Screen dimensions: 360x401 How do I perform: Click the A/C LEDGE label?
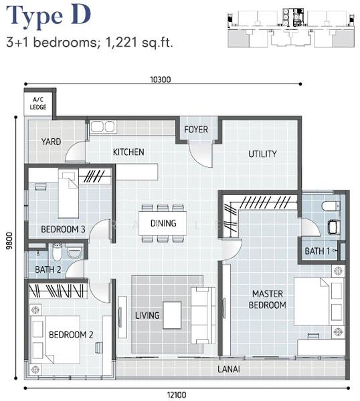[x=38, y=104]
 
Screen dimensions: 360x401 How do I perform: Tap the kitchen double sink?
[x=103, y=126]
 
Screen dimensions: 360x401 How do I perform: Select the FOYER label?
[x=196, y=130]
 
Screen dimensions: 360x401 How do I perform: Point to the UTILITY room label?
[x=262, y=154]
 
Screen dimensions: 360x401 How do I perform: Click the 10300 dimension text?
[x=161, y=80]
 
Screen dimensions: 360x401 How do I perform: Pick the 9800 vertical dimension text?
[x=9, y=241]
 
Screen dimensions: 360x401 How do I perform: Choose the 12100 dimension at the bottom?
[x=177, y=395]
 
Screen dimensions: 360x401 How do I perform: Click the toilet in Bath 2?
[x=57, y=252]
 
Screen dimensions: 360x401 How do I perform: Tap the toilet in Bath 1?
[x=331, y=207]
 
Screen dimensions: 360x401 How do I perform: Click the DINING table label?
[x=163, y=223]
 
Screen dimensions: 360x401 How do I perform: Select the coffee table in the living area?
[x=172, y=315]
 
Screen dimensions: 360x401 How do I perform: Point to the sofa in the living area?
[x=203, y=315]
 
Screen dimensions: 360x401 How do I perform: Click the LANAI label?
[x=229, y=369]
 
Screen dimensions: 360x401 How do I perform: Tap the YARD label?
[x=52, y=142]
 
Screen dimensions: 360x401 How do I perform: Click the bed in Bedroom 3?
[x=68, y=194]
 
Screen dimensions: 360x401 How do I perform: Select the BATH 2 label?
[x=48, y=269]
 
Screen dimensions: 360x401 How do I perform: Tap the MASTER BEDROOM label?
[x=268, y=299]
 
